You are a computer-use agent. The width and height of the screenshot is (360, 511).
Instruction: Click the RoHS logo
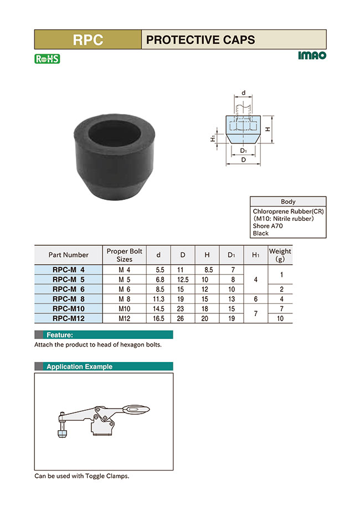tap(47, 59)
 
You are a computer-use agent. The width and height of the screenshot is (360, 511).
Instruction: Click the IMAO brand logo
tap(312, 55)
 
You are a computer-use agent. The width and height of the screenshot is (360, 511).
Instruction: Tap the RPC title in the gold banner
tap(88, 40)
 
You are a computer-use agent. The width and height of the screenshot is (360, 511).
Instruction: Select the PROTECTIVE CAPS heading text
tap(200, 40)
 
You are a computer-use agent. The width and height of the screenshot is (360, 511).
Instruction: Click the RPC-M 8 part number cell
tap(68, 299)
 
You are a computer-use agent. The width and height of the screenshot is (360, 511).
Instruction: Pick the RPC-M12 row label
tap(68, 318)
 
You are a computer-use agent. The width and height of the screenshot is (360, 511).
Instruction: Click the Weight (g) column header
tap(280, 255)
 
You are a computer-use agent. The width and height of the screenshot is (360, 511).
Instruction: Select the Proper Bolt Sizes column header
tap(124, 255)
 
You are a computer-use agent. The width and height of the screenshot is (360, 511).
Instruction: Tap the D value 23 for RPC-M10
tap(183, 308)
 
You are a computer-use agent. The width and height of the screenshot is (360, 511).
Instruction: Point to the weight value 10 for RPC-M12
tap(280, 318)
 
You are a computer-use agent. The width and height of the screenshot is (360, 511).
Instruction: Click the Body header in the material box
tap(288, 202)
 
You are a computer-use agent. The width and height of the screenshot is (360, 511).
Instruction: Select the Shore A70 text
tap(269, 226)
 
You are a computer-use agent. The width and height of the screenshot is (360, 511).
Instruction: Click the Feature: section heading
tap(59, 335)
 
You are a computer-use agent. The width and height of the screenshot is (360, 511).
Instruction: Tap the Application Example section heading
tap(79, 367)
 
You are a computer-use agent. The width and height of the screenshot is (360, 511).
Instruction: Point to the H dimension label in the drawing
tap(268, 129)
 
